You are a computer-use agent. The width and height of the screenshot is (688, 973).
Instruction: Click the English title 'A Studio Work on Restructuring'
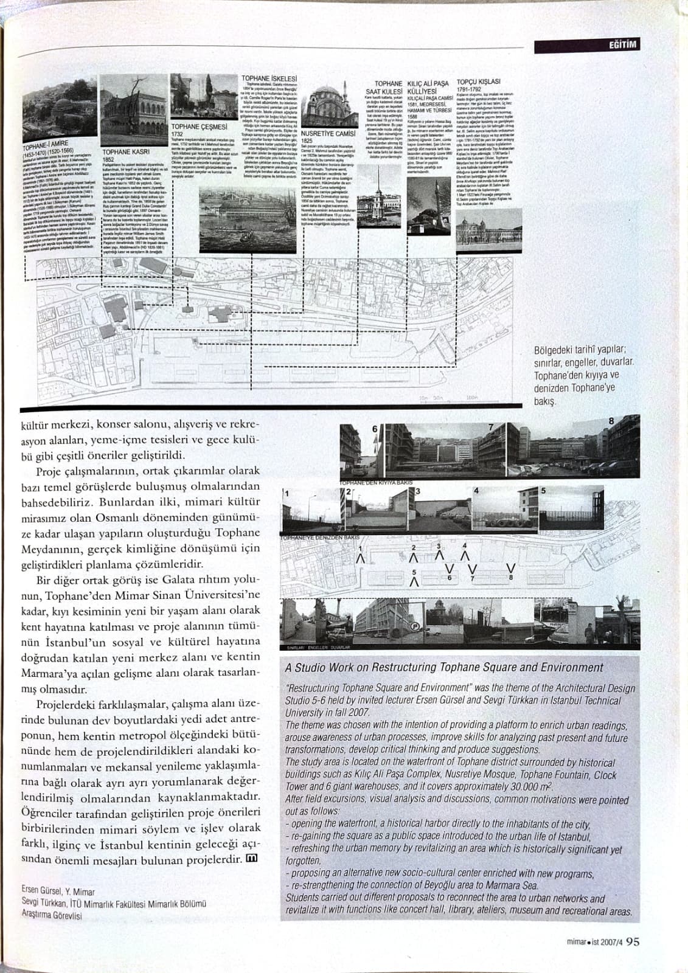click(444, 667)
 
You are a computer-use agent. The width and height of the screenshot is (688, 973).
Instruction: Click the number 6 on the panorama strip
click(375, 428)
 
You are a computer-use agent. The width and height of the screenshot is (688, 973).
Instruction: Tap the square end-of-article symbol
click(251, 859)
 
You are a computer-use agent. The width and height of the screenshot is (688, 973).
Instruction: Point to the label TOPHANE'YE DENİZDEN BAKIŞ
click(320, 538)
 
